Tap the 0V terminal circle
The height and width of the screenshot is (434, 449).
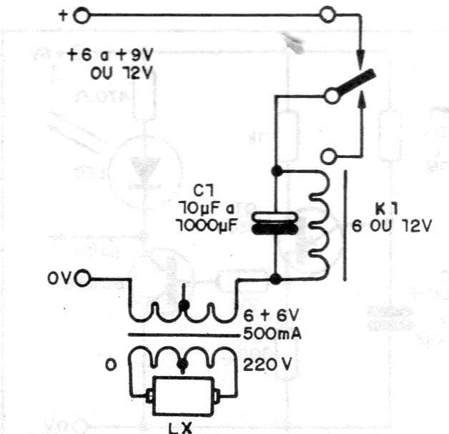click(x=83, y=278)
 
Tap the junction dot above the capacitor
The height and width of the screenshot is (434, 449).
click(x=275, y=172)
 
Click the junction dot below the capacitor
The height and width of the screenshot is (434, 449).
click(x=275, y=277)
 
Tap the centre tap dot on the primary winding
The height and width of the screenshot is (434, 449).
click(x=184, y=306)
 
